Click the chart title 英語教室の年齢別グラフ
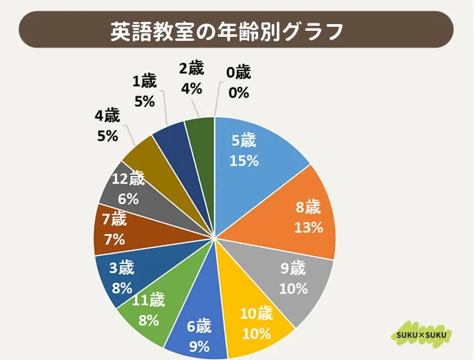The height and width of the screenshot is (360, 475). [227, 30]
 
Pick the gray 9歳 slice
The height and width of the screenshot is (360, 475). [288, 278]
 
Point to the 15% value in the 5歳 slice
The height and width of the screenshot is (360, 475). [244, 161]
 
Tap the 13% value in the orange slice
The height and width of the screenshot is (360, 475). [308, 227]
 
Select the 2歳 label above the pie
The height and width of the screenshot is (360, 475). [191, 68]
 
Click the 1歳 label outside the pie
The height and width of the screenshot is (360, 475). [145, 82]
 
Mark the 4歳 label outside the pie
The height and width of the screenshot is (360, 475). [107, 115]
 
